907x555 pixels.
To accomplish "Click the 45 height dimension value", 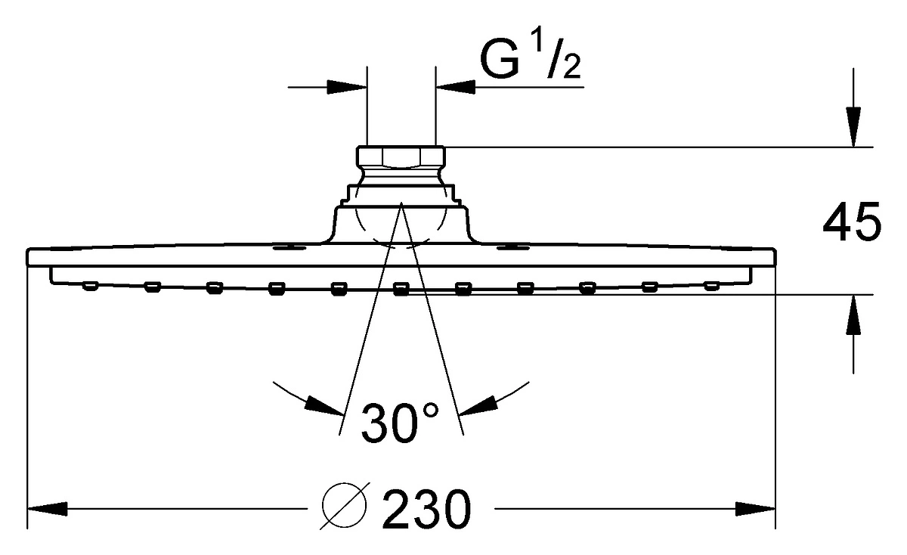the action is click(852, 222).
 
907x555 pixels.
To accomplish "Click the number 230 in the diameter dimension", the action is click(426, 509).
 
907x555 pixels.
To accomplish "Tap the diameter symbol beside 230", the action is click(345, 506).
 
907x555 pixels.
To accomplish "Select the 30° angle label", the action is click(400, 422).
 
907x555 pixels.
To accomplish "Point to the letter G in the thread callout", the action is click(500, 59).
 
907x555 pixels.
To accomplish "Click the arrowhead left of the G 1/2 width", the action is click(347, 87).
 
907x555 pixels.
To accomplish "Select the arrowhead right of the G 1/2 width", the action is click(455, 87).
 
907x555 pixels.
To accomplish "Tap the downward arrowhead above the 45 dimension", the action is click(853, 127).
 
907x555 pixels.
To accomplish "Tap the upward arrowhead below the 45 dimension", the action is click(853, 315).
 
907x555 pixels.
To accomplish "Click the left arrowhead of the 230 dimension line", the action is click(47, 509).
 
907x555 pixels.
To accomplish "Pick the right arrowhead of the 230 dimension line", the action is click(755, 509).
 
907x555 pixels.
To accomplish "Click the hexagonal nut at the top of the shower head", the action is click(401, 157).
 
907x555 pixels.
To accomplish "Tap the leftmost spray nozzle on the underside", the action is click(90, 286).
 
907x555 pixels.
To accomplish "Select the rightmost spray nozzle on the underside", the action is click(711, 286).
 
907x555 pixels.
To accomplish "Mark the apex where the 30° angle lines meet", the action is click(401, 202).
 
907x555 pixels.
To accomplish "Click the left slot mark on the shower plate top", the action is click(289, 247).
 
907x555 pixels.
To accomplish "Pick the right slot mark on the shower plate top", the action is click(513, 247).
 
